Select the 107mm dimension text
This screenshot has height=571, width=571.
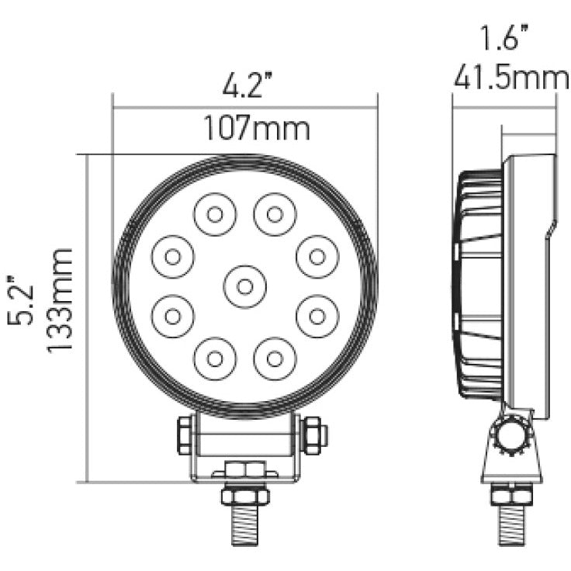[x=256, y=127]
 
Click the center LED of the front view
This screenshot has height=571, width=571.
[x=244, y=286]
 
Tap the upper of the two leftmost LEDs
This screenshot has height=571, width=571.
[x=173, y=254]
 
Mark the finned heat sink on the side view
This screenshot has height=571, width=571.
[x=477, y=287]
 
